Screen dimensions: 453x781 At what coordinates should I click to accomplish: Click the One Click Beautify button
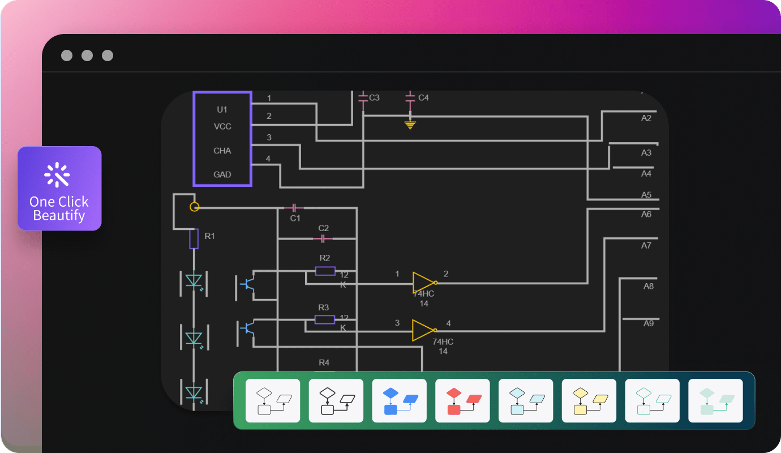point(59,189)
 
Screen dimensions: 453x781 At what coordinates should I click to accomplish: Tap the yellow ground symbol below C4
point(410,124)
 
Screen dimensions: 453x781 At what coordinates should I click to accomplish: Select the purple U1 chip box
point(222,139)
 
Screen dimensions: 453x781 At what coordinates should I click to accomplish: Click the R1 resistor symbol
point(194,239)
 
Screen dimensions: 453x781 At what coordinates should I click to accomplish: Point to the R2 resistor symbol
point(325,271)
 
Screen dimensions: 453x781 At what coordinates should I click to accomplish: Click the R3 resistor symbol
point(324,320)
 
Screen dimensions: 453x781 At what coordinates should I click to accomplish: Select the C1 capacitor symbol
point(294,208)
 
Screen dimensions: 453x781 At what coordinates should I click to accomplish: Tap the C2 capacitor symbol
point(323,238)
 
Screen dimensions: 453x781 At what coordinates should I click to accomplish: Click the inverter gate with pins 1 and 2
point(424,282)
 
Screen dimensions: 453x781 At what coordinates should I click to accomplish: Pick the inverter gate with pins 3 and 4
point(424,330)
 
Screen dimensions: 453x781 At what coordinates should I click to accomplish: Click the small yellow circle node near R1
point(194,207)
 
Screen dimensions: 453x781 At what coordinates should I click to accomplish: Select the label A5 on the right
point(646,195)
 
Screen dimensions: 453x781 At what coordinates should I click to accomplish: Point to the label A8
point(649,287)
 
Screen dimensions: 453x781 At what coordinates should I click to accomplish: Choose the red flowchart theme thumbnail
point(462,401)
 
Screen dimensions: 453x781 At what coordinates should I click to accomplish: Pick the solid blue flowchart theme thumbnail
point(399,401)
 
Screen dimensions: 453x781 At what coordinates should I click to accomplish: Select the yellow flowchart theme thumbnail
point(589,401)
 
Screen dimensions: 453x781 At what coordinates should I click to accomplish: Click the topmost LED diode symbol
point(194,281)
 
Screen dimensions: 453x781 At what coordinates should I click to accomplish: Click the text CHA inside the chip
point(222,151)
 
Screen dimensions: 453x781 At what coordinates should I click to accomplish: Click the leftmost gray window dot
point(67,55)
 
